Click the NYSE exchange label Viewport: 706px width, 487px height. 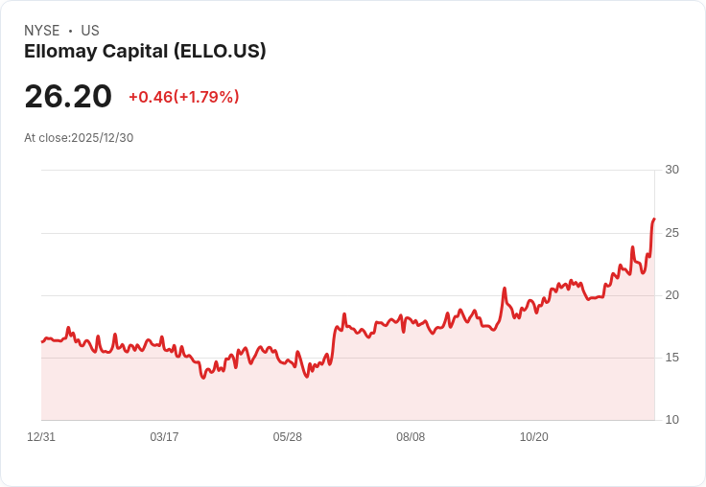42,31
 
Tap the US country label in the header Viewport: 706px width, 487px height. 90,31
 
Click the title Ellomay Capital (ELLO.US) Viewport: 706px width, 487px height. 145,51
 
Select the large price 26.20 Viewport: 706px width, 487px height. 68,96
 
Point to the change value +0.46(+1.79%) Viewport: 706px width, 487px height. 183,97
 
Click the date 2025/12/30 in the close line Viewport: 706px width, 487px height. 103,138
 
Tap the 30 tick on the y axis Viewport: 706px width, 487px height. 671,170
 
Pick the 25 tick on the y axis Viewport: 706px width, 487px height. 671,233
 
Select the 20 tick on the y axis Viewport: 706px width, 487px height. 671,295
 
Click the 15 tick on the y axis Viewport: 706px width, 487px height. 671,358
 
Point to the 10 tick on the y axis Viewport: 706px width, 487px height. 671,420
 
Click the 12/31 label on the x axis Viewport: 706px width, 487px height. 41,437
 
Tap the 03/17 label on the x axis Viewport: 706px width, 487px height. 164,437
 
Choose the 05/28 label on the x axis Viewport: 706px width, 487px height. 287,437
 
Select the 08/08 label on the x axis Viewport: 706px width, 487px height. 411,437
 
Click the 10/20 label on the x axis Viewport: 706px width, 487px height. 533,437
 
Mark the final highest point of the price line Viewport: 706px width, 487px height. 654,220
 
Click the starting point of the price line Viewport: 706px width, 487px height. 42,341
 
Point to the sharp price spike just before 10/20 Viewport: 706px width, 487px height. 505,288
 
